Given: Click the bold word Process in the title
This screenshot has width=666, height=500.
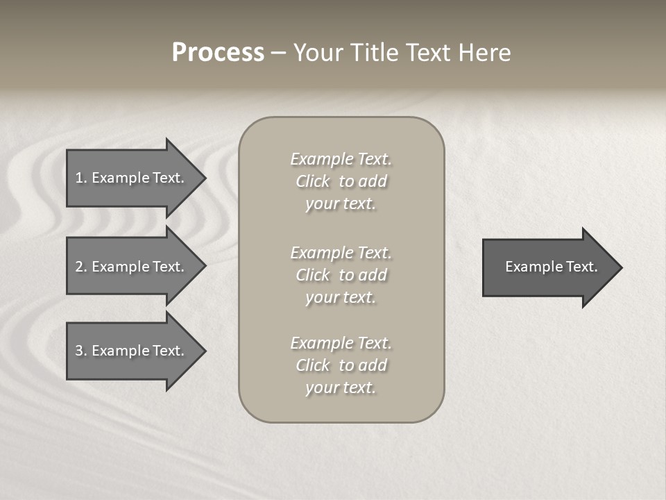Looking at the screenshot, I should click(218, 53).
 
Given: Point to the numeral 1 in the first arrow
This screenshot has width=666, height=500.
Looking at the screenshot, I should click(78, 178).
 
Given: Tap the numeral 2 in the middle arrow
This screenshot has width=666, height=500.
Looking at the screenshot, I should click(78, 267).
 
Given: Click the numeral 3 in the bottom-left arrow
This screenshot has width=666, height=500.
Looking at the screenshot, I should click(78, 351).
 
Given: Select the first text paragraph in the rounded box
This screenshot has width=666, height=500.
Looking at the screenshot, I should click(341, 181).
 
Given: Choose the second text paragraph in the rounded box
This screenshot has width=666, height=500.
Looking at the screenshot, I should click(341, 275).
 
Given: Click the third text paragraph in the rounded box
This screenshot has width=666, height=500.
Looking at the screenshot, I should click(341, 365).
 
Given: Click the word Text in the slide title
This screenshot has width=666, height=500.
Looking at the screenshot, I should click(428, 53).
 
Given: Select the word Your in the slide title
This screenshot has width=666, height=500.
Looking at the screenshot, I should click(316, 53).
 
